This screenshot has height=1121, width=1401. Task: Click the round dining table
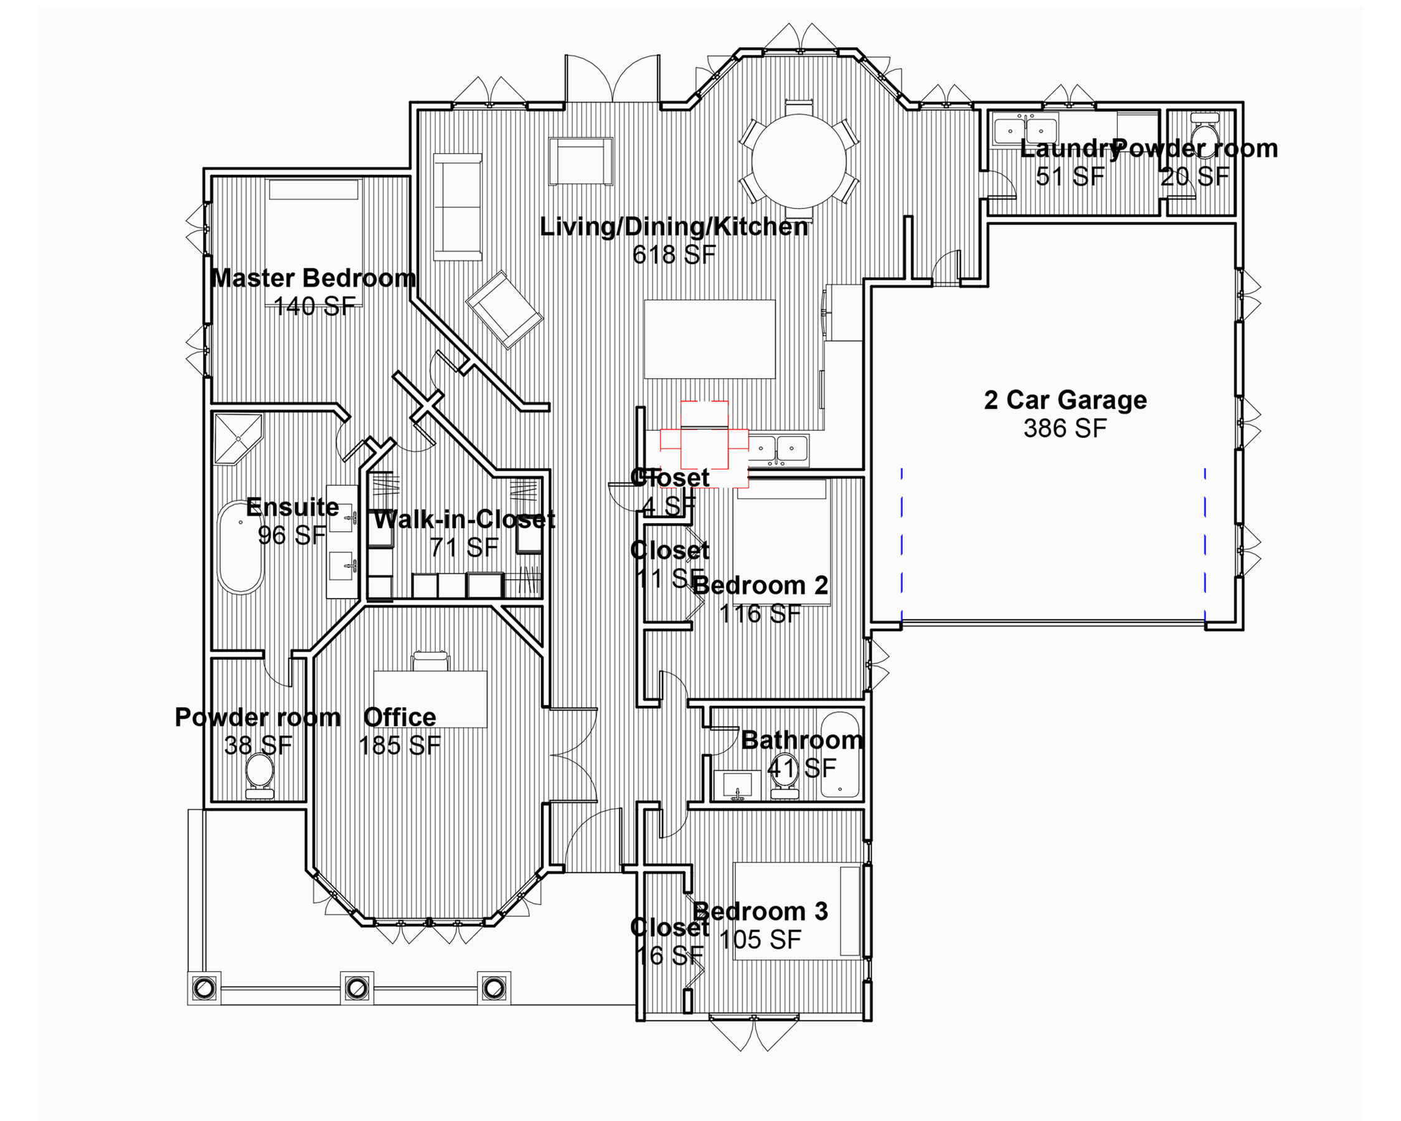[799, 161]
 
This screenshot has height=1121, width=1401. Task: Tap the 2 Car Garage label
[1065, 400]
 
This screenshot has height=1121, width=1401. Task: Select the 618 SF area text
[674, 255]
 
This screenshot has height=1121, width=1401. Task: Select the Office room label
[400, 717]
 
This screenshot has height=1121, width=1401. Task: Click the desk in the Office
[430, 699]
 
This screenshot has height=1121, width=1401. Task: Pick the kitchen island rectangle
[710, 339]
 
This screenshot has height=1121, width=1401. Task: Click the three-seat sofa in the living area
[458, 207]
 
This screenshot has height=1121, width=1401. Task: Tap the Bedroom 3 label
[760, 911]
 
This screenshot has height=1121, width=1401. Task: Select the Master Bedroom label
[313, 278]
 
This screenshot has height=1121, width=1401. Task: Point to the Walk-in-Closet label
[464, 519]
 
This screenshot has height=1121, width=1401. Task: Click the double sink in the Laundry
[1025, 128]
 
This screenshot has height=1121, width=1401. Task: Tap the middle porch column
[357, 988]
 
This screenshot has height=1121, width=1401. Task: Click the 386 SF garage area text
[1065, 428]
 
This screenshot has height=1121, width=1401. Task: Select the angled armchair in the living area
[504, 310]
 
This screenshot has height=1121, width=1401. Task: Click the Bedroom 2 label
[760, 585]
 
